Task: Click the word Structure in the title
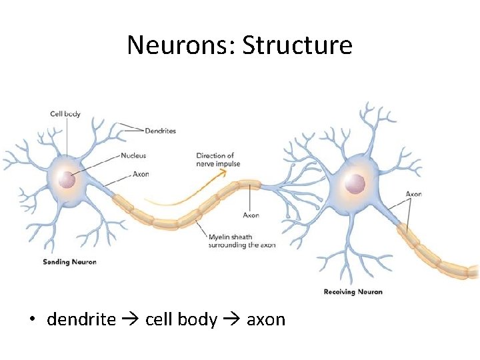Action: pyautogui.click(x=297, y=45)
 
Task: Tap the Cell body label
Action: pyautogui.click(x=65, y=114)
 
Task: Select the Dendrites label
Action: pyautogui.click(x=160, y=131)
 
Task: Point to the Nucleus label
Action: pyautogui.click(x=133, y=156)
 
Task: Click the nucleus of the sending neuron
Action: pyautogui.click(x=66, y=179)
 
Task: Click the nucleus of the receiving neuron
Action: pyautogui.click(x=355, y=183)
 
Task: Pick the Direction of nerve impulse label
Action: pyautogui.click(x=218, y=160)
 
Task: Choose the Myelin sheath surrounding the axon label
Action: pyautogui.click(x=242, y=241)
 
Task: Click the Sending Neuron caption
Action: pyautogui.click(x=69, y=262)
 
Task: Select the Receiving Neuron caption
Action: pyautogui.click(x=353, y=292)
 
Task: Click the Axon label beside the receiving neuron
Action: pyautogui.click(x=414, y=194)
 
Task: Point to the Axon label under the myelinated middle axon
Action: pyautogui.click(x=251, y=215)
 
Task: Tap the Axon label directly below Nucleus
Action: pyautogui.click(x=141, y=174)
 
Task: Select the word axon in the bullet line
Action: pyautogui.click(x=266, y=320)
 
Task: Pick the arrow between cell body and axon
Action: pyautogui.click(x=232, y=320)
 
